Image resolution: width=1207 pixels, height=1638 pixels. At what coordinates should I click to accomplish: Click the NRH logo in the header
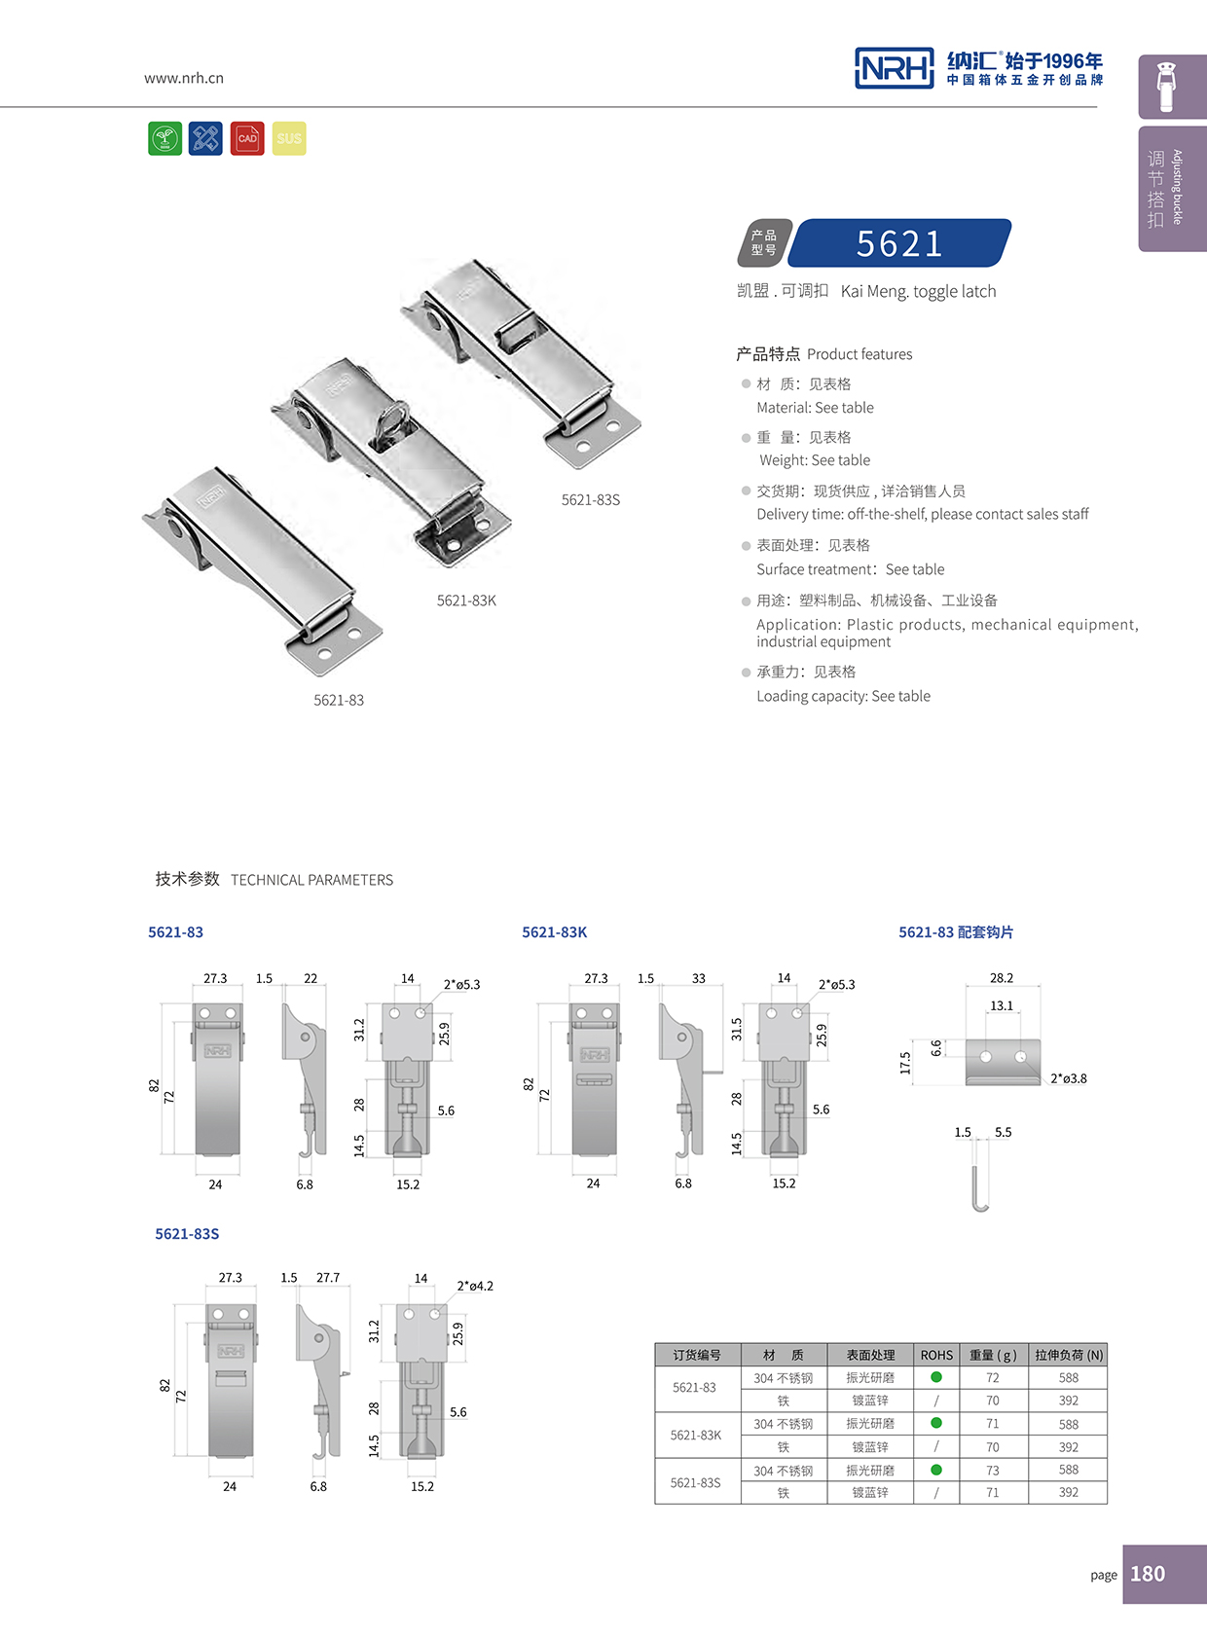[894, 68]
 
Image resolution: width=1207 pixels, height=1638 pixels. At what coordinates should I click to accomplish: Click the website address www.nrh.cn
[184, 78]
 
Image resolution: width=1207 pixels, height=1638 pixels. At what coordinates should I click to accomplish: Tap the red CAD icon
[247, 138]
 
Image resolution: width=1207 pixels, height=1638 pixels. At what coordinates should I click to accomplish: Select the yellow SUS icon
[289, 138]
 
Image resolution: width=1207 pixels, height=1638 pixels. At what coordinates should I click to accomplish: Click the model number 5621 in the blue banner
[899, 243]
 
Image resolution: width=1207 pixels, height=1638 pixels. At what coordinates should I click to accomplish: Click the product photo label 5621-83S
[590, 499]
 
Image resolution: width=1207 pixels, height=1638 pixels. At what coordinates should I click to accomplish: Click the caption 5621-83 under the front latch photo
[339, 700]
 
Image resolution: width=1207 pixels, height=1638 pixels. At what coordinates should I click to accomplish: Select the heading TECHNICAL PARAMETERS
[311, 880]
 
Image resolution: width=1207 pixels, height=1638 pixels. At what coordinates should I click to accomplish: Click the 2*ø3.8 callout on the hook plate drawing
[1069, 1078]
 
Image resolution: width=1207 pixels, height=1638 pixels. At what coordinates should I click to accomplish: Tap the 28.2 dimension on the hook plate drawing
[1002, 978]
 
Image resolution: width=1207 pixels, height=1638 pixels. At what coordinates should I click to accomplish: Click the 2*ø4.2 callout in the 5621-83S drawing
[475, 1286]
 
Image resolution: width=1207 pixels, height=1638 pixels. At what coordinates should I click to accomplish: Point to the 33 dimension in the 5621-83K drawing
[699, 978]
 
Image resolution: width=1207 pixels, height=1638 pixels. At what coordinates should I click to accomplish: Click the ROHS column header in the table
[936, 1355]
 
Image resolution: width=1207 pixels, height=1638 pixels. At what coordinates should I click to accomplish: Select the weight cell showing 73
[992, 1470]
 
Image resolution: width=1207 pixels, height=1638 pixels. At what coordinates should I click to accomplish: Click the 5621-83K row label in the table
[696, 1435]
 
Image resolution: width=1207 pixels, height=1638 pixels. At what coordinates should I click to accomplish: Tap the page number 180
[1148, 1574]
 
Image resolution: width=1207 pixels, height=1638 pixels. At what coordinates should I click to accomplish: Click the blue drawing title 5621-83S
[187, 1233]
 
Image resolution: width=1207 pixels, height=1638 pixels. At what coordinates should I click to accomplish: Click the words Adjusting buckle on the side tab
[1177, 187]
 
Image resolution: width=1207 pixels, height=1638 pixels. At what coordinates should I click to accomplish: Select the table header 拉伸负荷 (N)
[1069, 1355]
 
